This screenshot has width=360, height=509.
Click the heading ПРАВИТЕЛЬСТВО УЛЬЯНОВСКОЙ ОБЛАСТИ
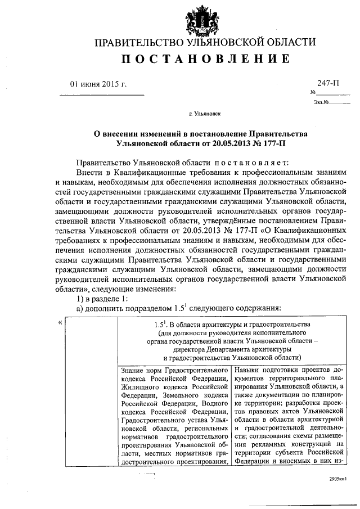(x=204, y=43)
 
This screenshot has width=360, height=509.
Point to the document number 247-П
(x=328, y=84)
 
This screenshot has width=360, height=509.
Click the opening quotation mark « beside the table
(x=60, y=322)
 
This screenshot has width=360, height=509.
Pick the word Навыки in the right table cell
(x=248, y=371)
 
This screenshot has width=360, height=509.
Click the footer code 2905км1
(x=339, y=479)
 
